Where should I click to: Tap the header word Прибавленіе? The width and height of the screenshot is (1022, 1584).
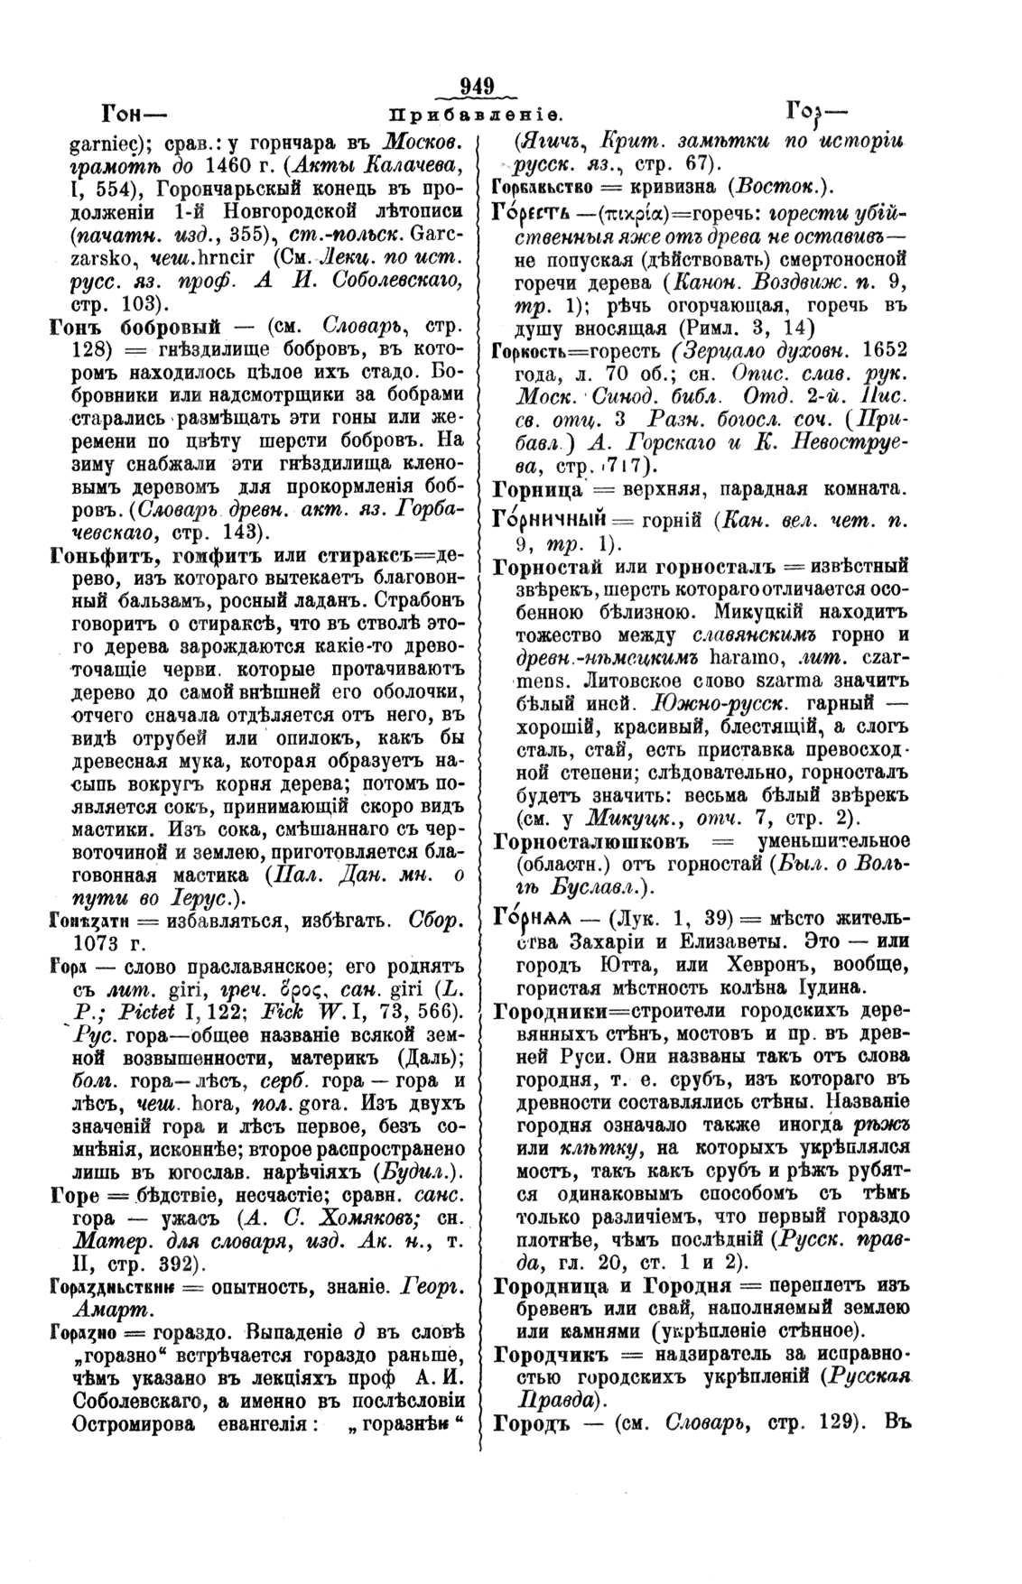pos(476,115)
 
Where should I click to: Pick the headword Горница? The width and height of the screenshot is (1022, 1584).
pos(540,490)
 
